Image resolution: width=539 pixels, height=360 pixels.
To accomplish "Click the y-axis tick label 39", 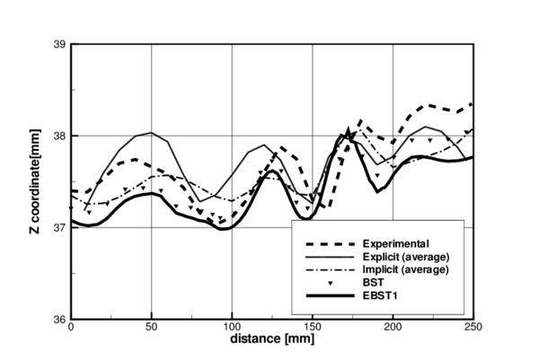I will (x=57, y=44).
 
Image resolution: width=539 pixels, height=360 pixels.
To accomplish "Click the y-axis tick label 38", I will (x=57, y=136).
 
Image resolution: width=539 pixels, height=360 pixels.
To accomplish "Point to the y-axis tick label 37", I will (x=57, y=227).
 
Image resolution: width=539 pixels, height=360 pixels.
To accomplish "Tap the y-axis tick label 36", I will (x=57, y=319).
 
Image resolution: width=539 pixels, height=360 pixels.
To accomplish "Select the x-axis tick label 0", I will (x=71, y=329).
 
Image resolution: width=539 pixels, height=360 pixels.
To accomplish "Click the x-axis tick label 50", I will (x=152, y=329).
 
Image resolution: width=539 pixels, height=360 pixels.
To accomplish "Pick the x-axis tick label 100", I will (x=232, y=329).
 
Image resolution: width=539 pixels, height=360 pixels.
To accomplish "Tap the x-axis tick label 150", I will (x=313, y=329).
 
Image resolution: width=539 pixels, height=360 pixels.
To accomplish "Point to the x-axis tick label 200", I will (x=393, y=329).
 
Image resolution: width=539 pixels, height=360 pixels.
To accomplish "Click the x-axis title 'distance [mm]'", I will (x=272, y=342).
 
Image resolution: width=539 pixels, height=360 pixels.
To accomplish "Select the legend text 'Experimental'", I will (x=395, y=243).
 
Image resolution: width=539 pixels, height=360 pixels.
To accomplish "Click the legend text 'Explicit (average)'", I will (x=405, y=256).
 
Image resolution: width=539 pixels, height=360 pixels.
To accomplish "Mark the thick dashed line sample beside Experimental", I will (x=327, y=243).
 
